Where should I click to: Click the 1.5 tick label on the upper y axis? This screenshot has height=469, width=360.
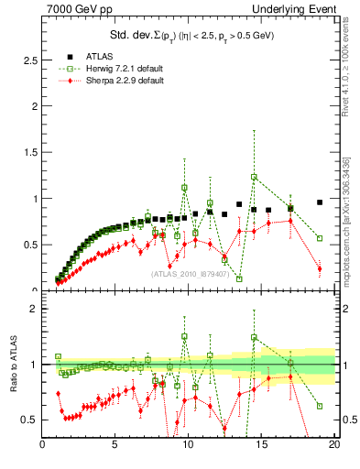[27, 152]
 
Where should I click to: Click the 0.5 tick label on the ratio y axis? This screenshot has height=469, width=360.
[27, 420]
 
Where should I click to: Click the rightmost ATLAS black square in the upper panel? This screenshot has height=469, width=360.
[320, 202]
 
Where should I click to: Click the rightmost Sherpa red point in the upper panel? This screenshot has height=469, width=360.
[320, 268]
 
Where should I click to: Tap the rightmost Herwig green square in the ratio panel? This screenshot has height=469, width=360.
[320, 406]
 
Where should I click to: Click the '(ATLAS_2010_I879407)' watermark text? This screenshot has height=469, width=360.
[190, 274]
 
